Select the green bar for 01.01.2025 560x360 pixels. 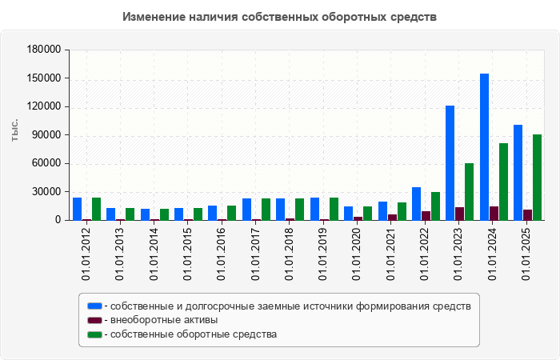pyautogui.click(x=538, y=177)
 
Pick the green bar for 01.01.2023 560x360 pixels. pyautogui.click(x=470, y=191)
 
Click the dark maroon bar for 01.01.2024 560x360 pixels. pyautogui.click(x=494, y=213)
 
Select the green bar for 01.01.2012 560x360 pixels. pyautogui.click(x=96, y=209)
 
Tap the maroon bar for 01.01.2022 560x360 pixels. pyautogui.click(x=426, y=215)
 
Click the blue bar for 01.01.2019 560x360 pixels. pyautogui.click(x=314, y=209)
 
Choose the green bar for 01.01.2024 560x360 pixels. pyautogui.click(x=503, y=182)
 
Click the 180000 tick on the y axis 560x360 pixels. pyautogui.click(x=45, y=50)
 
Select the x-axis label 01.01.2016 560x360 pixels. pyautogui.click(x=222, y=254)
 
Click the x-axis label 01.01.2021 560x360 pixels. pyautogui.click(x=391, y=254)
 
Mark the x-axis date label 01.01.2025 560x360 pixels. pyautogui.click(x=527, y=254)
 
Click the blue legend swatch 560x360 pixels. pyautogui.click(x=94, y=306)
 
